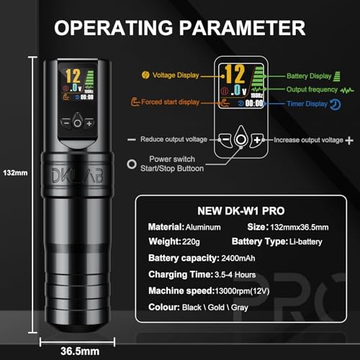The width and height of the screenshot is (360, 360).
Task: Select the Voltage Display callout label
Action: (179, 73)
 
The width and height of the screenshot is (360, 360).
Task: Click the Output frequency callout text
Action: (311, 89)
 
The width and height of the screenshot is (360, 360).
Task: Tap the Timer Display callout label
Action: (310, 104)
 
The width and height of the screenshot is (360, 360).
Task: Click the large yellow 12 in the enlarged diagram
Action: (232, 73)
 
